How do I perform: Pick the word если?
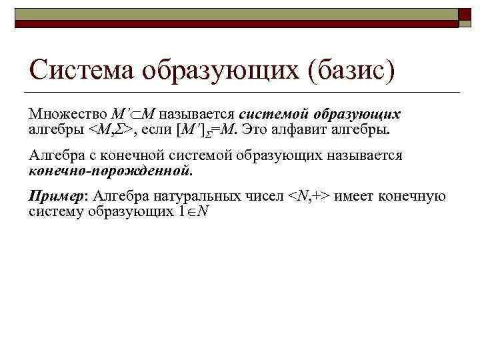(x=156, y=128)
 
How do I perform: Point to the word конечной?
(x=155, y=155)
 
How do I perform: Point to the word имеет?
(x=353, y=197)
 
